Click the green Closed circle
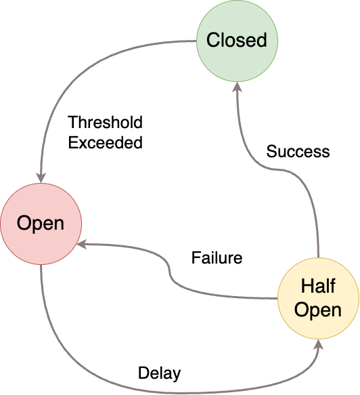(x=237, y=41)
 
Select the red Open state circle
(x=41, y=224)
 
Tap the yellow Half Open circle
(x=319, y=297)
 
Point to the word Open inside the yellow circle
(x=319, y=310)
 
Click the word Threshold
(x=105, y=123)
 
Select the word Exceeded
(x=105, y=142)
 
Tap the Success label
(x=298, y=151)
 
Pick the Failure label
(x=217, y=258)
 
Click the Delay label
(x=159, y=373)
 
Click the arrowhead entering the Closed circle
(x=237, y=88)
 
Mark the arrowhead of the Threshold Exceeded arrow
(x=41, y=178)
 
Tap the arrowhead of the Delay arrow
(x=319, y=345)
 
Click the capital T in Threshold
(x=72, y=123)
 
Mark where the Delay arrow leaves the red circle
(x=41, y=266)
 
